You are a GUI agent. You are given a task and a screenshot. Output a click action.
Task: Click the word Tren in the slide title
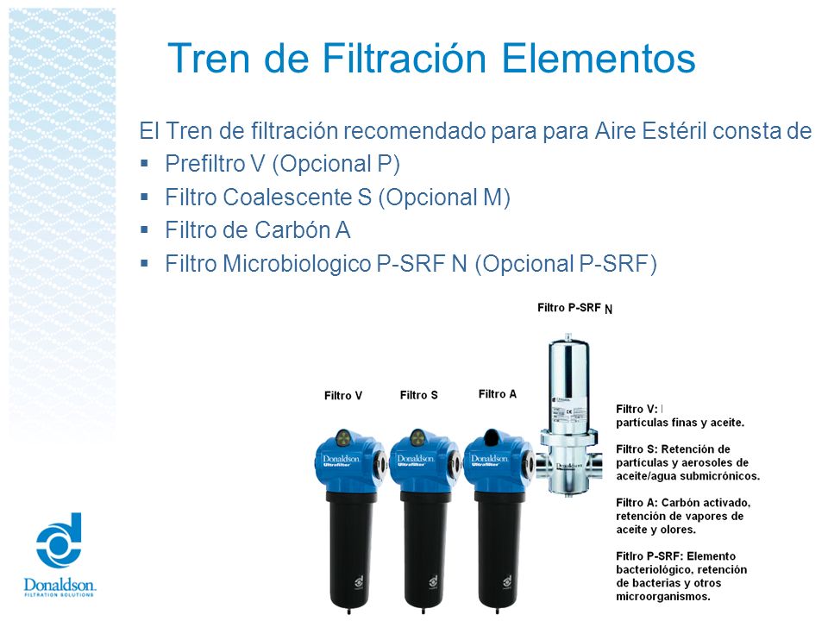209,58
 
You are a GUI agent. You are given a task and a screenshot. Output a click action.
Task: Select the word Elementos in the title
599,58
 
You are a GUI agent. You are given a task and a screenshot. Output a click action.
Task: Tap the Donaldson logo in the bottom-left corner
60,554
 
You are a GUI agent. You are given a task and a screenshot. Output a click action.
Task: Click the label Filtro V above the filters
343,396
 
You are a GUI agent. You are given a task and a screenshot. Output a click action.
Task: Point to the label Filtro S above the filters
419,395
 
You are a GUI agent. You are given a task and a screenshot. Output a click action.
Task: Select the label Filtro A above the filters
498,394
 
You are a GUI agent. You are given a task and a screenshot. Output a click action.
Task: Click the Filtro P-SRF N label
575,308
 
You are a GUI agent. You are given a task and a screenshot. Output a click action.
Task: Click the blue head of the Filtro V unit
349,461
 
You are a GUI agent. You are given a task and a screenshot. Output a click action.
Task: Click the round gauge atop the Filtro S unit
417,437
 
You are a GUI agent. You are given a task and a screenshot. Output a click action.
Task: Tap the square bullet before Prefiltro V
144,164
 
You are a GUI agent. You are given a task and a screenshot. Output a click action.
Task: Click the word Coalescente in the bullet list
287,197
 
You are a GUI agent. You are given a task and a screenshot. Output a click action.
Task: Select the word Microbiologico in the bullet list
298,264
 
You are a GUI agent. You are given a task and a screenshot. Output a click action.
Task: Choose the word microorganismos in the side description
663,597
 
